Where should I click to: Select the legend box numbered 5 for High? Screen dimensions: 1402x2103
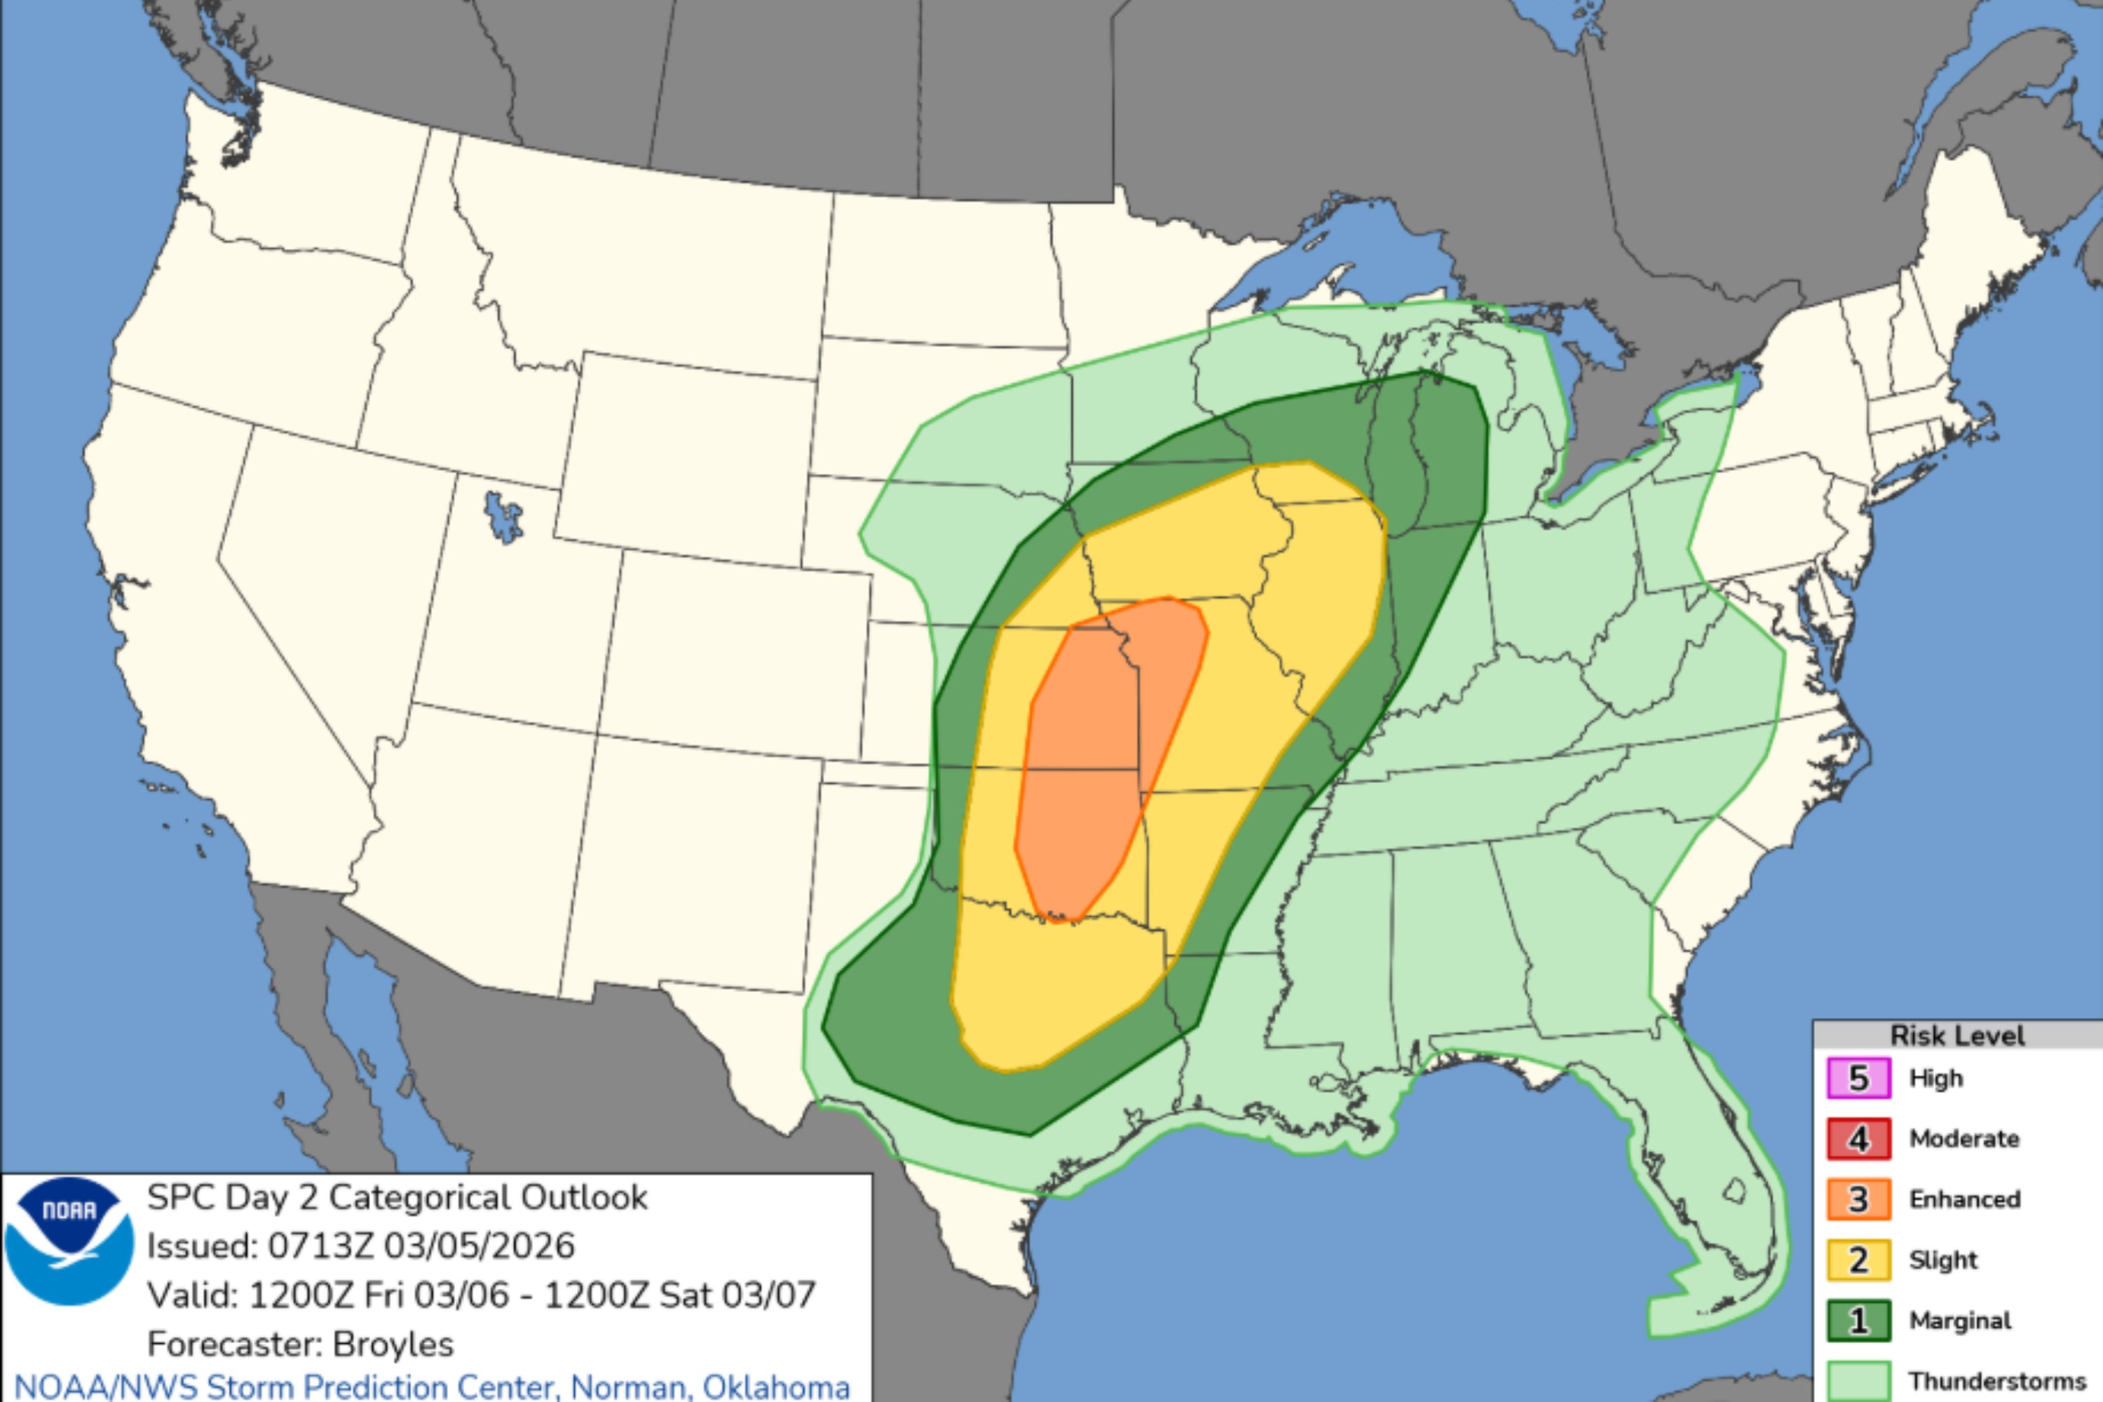[x=1858, y=1078]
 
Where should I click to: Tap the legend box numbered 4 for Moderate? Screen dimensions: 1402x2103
[x=1858, y=1139]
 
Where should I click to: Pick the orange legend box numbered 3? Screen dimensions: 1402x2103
[x=1858, y=1199]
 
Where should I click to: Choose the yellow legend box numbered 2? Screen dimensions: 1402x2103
[x=1858, y=1260]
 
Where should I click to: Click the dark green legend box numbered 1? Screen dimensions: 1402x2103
[x=1858, y=1321]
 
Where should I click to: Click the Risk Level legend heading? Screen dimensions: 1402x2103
[x=1956, y=1035]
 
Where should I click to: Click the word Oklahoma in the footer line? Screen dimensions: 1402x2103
[x=775, y=1387]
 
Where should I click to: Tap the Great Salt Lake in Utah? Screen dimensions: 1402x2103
[x=503, y=519]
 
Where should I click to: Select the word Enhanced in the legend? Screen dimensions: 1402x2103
[x=1964, y=1199]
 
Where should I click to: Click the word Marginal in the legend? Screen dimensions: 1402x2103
[x=1960, y=1321]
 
